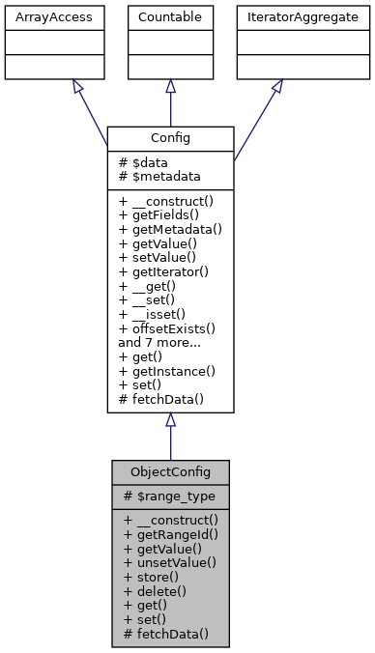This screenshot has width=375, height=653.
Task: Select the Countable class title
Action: point(170,16)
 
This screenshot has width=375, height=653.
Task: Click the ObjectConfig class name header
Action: point(170,471)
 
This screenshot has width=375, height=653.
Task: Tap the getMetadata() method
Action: point(170,229)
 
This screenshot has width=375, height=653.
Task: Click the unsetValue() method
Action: point(170,562)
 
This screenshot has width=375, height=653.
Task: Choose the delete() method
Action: point(152,591)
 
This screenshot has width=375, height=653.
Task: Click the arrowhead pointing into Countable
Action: point(170,86)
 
